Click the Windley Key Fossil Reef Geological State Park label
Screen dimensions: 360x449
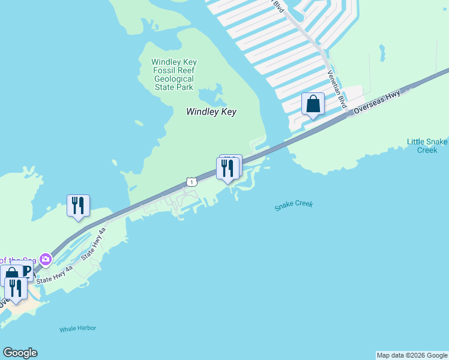coord(173,74)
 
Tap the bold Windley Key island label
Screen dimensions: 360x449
coord(211,112)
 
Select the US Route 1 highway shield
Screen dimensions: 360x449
coord(190,181)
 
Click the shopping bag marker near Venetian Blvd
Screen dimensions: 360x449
coord(313,104)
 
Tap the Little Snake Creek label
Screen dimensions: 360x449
coord(427,146)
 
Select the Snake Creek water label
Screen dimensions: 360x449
coord(294,206)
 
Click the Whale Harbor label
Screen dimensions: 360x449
coord(77,328)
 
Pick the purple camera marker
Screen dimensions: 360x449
coord(45,260)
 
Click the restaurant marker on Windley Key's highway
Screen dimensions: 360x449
coord(227,169)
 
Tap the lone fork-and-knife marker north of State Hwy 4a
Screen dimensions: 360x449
coord(78,206)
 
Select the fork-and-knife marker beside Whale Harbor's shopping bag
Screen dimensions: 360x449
coord(15,289)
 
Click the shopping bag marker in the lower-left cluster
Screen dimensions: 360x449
coord(11,276)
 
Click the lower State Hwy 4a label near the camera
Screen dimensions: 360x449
coord(54,275)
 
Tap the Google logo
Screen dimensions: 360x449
coord(20,353)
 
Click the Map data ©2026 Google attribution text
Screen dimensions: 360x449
coord(412,355)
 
